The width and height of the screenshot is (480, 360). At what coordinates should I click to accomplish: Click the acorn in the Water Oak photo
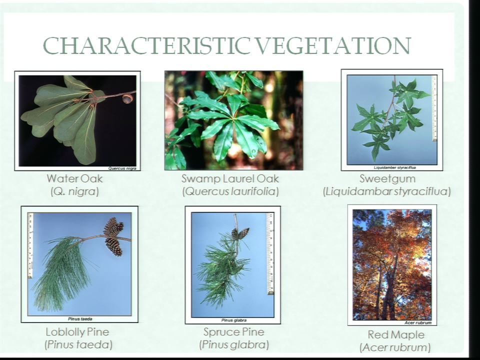(x=127, y=98)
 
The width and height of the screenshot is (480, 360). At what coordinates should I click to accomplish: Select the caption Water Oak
(x=74, y=178)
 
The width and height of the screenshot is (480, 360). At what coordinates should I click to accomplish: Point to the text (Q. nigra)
(x=74, y=191)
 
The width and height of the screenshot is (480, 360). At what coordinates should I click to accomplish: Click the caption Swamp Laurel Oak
(x=230, y=178)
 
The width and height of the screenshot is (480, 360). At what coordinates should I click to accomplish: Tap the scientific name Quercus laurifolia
(x=230, y=191)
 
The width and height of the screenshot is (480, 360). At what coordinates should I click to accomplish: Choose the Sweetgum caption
(x=387, y=178)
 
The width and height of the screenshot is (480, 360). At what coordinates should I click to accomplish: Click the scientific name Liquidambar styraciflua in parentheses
(x=387, y=191)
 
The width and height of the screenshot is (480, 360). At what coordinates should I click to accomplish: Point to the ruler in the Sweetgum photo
(x=434, y=108)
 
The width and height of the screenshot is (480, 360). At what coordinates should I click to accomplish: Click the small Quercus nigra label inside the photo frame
(x=122, y=168)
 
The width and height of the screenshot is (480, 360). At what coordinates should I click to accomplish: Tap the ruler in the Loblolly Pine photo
(x=30, y=245)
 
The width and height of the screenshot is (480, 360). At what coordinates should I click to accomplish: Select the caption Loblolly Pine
(x=77, y=332)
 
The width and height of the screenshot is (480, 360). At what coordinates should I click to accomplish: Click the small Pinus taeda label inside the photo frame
(x=80, y=319)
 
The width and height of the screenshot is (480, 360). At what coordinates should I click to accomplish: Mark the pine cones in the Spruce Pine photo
(x=240, y=233)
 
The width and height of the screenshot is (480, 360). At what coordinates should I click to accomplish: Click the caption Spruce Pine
(x=234, y=332)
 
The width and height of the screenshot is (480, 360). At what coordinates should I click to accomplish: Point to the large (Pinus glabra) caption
(x=234, y=345)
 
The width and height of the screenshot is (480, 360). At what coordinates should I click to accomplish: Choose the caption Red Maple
(x=396, y=334)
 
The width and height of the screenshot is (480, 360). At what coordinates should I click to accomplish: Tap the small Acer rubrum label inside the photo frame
(x=418, y=322)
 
